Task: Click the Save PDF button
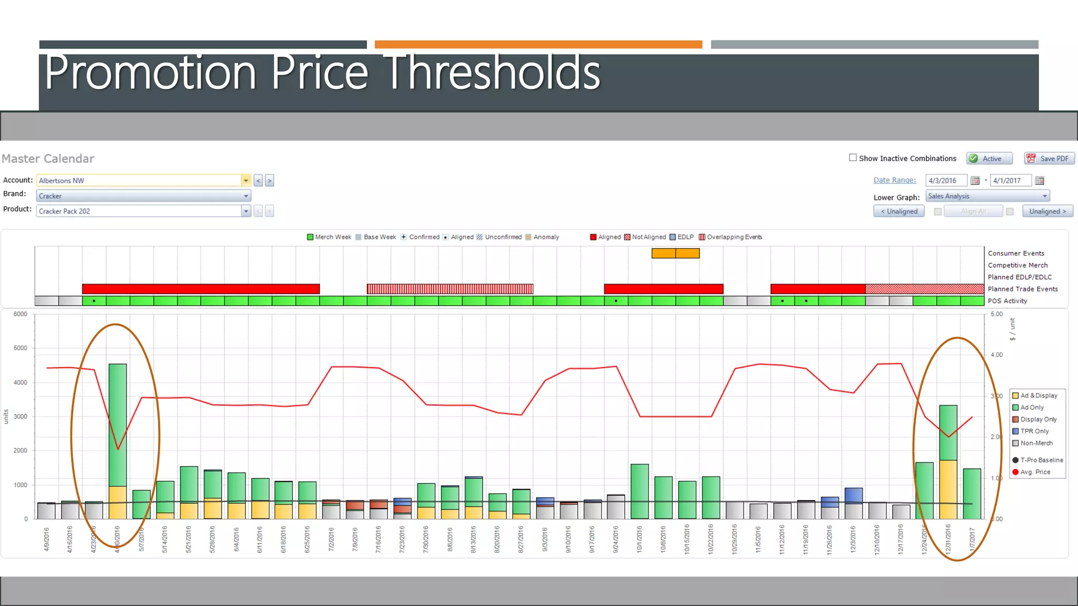(1049, 158)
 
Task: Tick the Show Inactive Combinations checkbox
(853, 158)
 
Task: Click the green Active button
(990, 158)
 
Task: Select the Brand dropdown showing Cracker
(143, 196)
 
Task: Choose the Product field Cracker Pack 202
(139, 211)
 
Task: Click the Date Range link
(894, 180)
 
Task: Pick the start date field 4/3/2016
(945, 180)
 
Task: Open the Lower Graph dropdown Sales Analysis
(987, 196)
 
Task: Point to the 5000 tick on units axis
(21, 348)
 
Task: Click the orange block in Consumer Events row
(675, 253)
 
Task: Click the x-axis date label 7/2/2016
(331, 539)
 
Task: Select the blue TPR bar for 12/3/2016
(853, 495)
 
